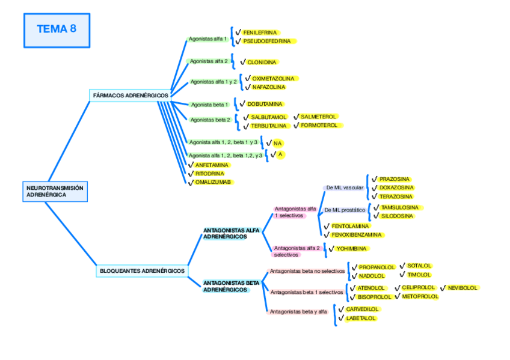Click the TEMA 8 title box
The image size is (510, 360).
pos(57,30)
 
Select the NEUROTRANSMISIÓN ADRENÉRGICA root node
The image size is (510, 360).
pos(55,191)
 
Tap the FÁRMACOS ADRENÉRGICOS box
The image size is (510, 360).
pos(131,95)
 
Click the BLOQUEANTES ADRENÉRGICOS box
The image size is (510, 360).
pos(142,271)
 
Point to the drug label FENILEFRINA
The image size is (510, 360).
pos(260,32)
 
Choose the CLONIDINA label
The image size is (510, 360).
pos(262,62)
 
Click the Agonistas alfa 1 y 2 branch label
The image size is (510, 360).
pos(214,81)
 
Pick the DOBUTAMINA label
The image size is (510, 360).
pos(265,104)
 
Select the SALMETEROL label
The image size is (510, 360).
pos(319,116)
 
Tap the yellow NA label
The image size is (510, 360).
pos(277,144)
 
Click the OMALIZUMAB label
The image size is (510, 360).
pos(213,182)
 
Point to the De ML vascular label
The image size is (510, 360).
pos(345,188)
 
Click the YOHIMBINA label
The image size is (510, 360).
pos(352,248)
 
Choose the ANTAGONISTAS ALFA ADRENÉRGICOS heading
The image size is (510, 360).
pos(232,233)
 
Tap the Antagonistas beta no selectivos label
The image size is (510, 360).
pos(307,271)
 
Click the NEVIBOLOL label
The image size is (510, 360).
pos(462,288)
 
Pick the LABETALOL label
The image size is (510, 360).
pos(361,318)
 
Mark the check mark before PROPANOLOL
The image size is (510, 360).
pos(355,267)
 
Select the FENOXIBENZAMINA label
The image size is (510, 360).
pos(357,235)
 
